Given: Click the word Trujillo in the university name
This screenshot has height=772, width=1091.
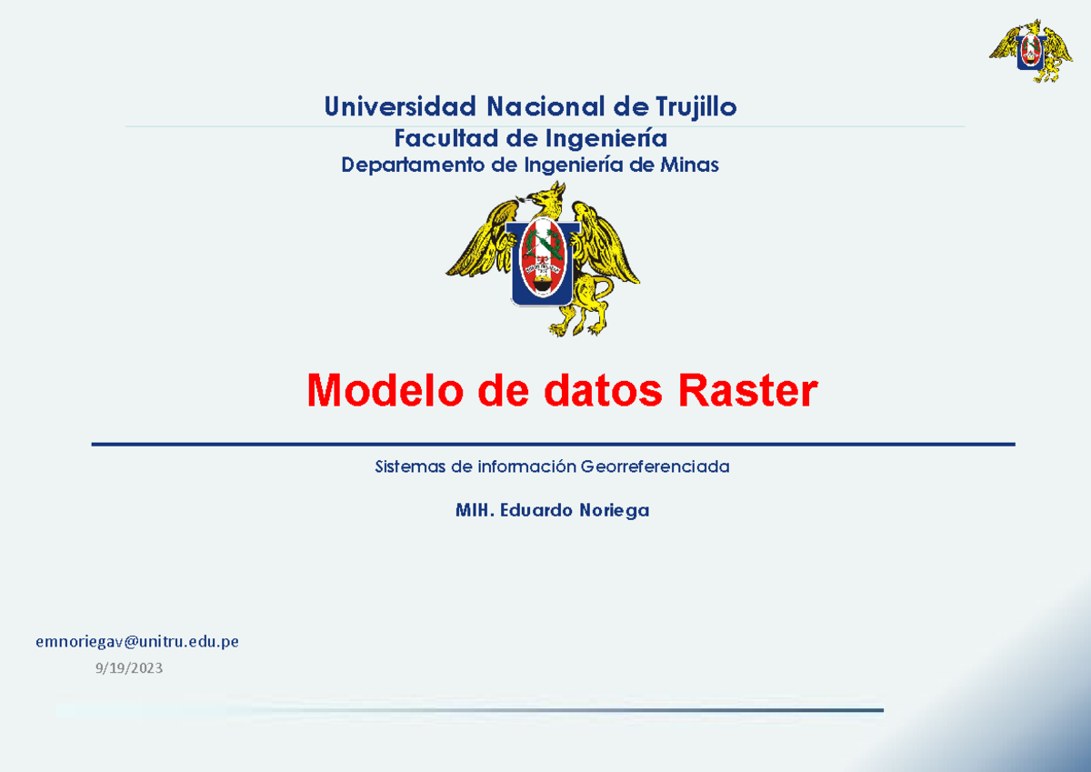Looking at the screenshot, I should [696, 108].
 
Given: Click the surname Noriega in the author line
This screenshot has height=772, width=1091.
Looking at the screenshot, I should [614, 511].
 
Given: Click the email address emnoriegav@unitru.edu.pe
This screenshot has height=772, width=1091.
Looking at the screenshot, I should [137, 642].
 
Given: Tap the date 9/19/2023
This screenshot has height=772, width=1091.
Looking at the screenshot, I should [128, 669].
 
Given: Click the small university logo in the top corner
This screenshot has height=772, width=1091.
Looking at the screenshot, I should [1031, 51].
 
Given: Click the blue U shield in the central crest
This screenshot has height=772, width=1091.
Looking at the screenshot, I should [544, 263].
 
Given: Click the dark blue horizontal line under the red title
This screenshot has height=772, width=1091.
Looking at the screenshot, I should [553, 445].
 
